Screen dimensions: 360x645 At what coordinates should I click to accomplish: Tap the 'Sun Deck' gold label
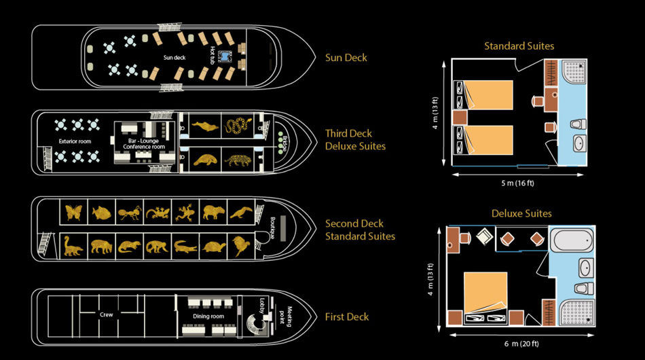pyautogui.click(x=346, y=58)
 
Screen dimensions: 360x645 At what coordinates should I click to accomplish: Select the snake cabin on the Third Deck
pyautogui.click(x=238, y=126)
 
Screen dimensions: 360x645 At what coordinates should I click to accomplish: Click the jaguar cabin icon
pyautogui.click(x=238, y=160)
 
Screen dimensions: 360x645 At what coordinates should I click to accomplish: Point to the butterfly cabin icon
pyautogui.click(x=73, y=212)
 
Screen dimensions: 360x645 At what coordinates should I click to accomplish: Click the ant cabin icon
pyautogui.click(x=129, y=213)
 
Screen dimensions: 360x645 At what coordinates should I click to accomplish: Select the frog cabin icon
pyautogui.click(x=184, y=213)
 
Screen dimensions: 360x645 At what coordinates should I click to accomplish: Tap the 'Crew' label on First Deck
pyautogui.click(x=106, y=315)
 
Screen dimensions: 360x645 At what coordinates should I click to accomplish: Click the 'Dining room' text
pyautogui.click(x=208, y=317)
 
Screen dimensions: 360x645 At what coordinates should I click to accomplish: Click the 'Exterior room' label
pyautogui.click(x=75, y=142)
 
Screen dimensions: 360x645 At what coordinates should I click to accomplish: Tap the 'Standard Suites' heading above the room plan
pyautogui.click(x=519, y=46)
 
